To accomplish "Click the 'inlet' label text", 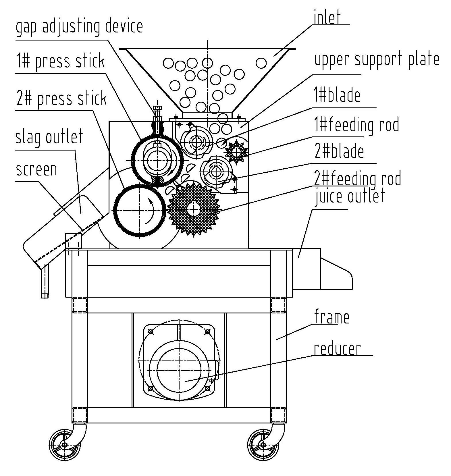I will pos(327,18).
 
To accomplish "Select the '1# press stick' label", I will pos(60,61).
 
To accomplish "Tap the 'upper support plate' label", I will pos(377,59).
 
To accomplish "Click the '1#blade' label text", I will pos(337,95).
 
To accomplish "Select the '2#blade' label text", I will pos(339,151).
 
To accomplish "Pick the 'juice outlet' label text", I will pos(350,196).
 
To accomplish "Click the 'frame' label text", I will pos(332,317).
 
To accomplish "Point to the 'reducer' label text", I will pos(337,349).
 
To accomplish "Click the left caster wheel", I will pos(65,445).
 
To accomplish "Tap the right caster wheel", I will pos(263,445).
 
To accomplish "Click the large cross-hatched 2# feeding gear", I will pos(194,209).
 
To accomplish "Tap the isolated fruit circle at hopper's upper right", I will pos(261,63).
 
